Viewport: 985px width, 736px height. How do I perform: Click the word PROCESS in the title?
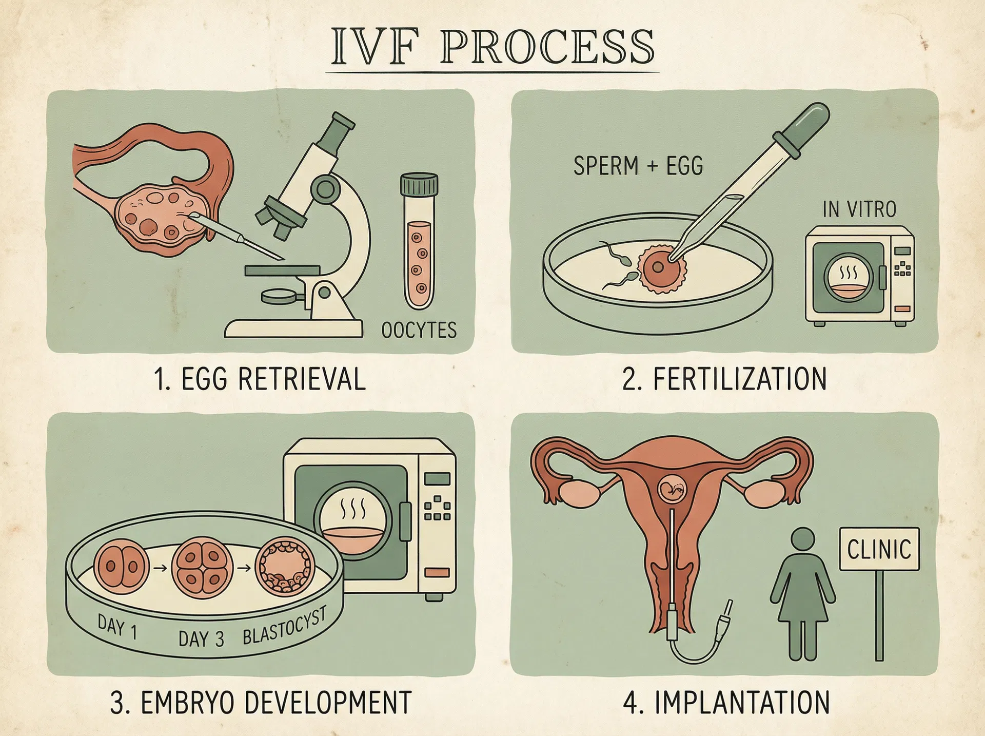(x=547, y=47)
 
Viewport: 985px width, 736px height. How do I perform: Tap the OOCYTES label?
(x=419, y=330)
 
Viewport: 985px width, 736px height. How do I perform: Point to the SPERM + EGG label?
(x=638, y=166)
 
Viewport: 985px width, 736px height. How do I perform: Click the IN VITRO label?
(x=859, y=209)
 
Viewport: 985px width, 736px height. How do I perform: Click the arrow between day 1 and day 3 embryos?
(x=160, y=568)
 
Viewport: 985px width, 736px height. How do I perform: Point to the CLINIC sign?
(x=879, y=549)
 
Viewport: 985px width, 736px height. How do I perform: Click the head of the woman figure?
(x=803, y=541)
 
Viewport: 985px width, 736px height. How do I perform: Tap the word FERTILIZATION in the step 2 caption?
(x=739, y=379)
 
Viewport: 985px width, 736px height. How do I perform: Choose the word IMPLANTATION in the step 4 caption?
(x=742, y=703)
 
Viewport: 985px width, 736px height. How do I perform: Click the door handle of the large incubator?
(x=405, y=521)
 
